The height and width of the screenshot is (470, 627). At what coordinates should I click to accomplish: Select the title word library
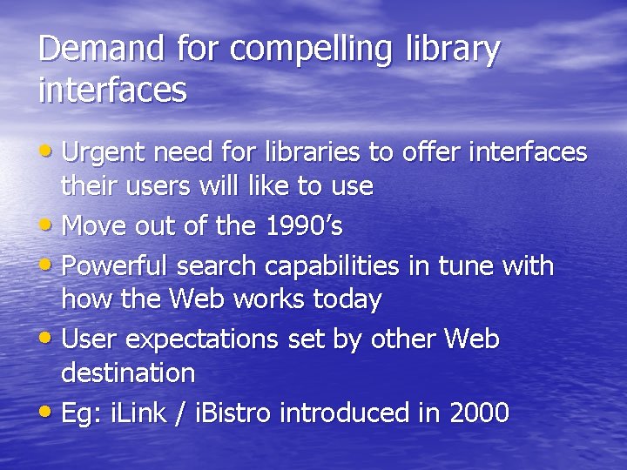[454, 50]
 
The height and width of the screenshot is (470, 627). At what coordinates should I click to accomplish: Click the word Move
[93, 226]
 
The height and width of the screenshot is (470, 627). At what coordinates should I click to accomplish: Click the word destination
[128, 373]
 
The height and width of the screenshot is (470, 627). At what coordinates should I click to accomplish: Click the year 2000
[480, 413]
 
